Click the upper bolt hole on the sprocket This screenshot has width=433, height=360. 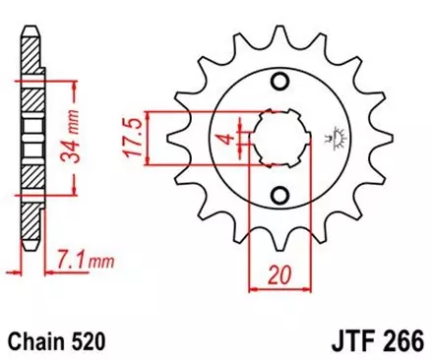[282, 80]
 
